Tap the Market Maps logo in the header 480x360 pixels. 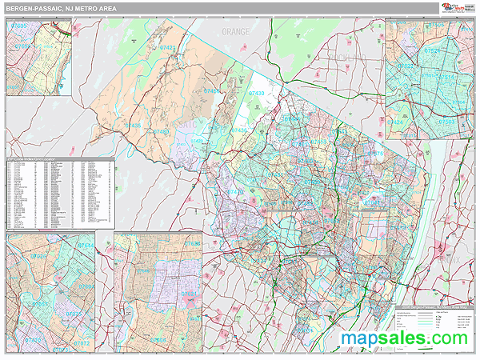[x=457, y=8]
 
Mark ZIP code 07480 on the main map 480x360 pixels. [x=162, y=130]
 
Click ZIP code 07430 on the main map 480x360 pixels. [x=257, y=94]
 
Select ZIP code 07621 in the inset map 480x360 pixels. [x=193, y=243]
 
